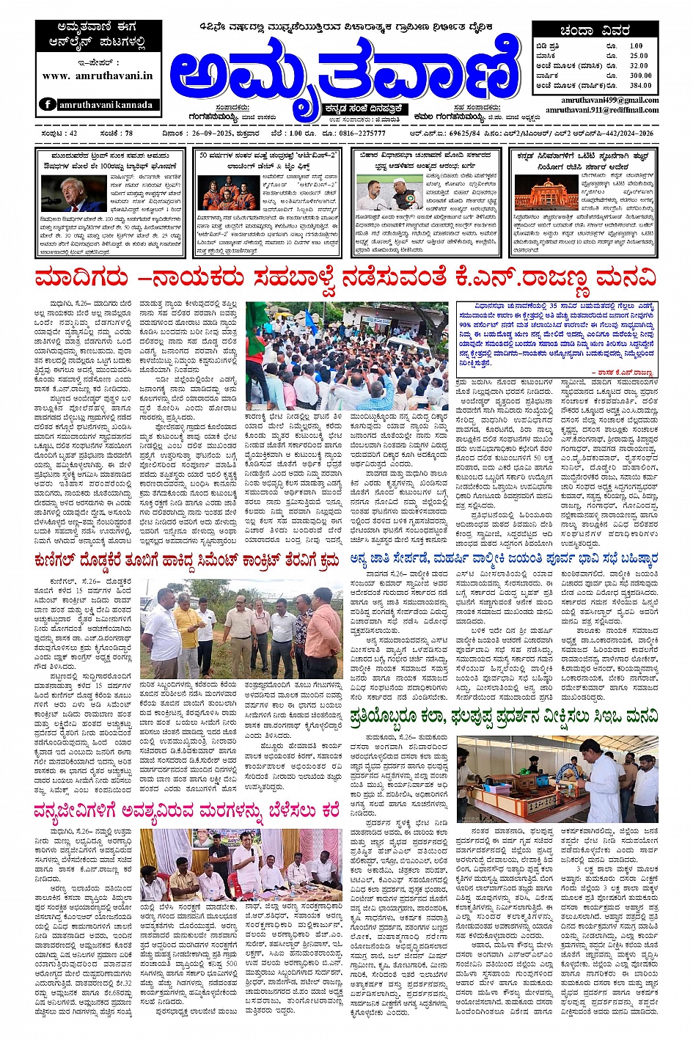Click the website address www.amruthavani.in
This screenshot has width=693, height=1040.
click(x=97, y=76)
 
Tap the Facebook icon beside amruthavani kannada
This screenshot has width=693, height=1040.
click(x=48, y=105)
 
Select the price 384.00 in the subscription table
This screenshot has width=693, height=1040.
click(x=640, y=85)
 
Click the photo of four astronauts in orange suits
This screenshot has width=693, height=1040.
click(x=228, y=192)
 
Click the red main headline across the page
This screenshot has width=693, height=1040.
click(x=345, y=279)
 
